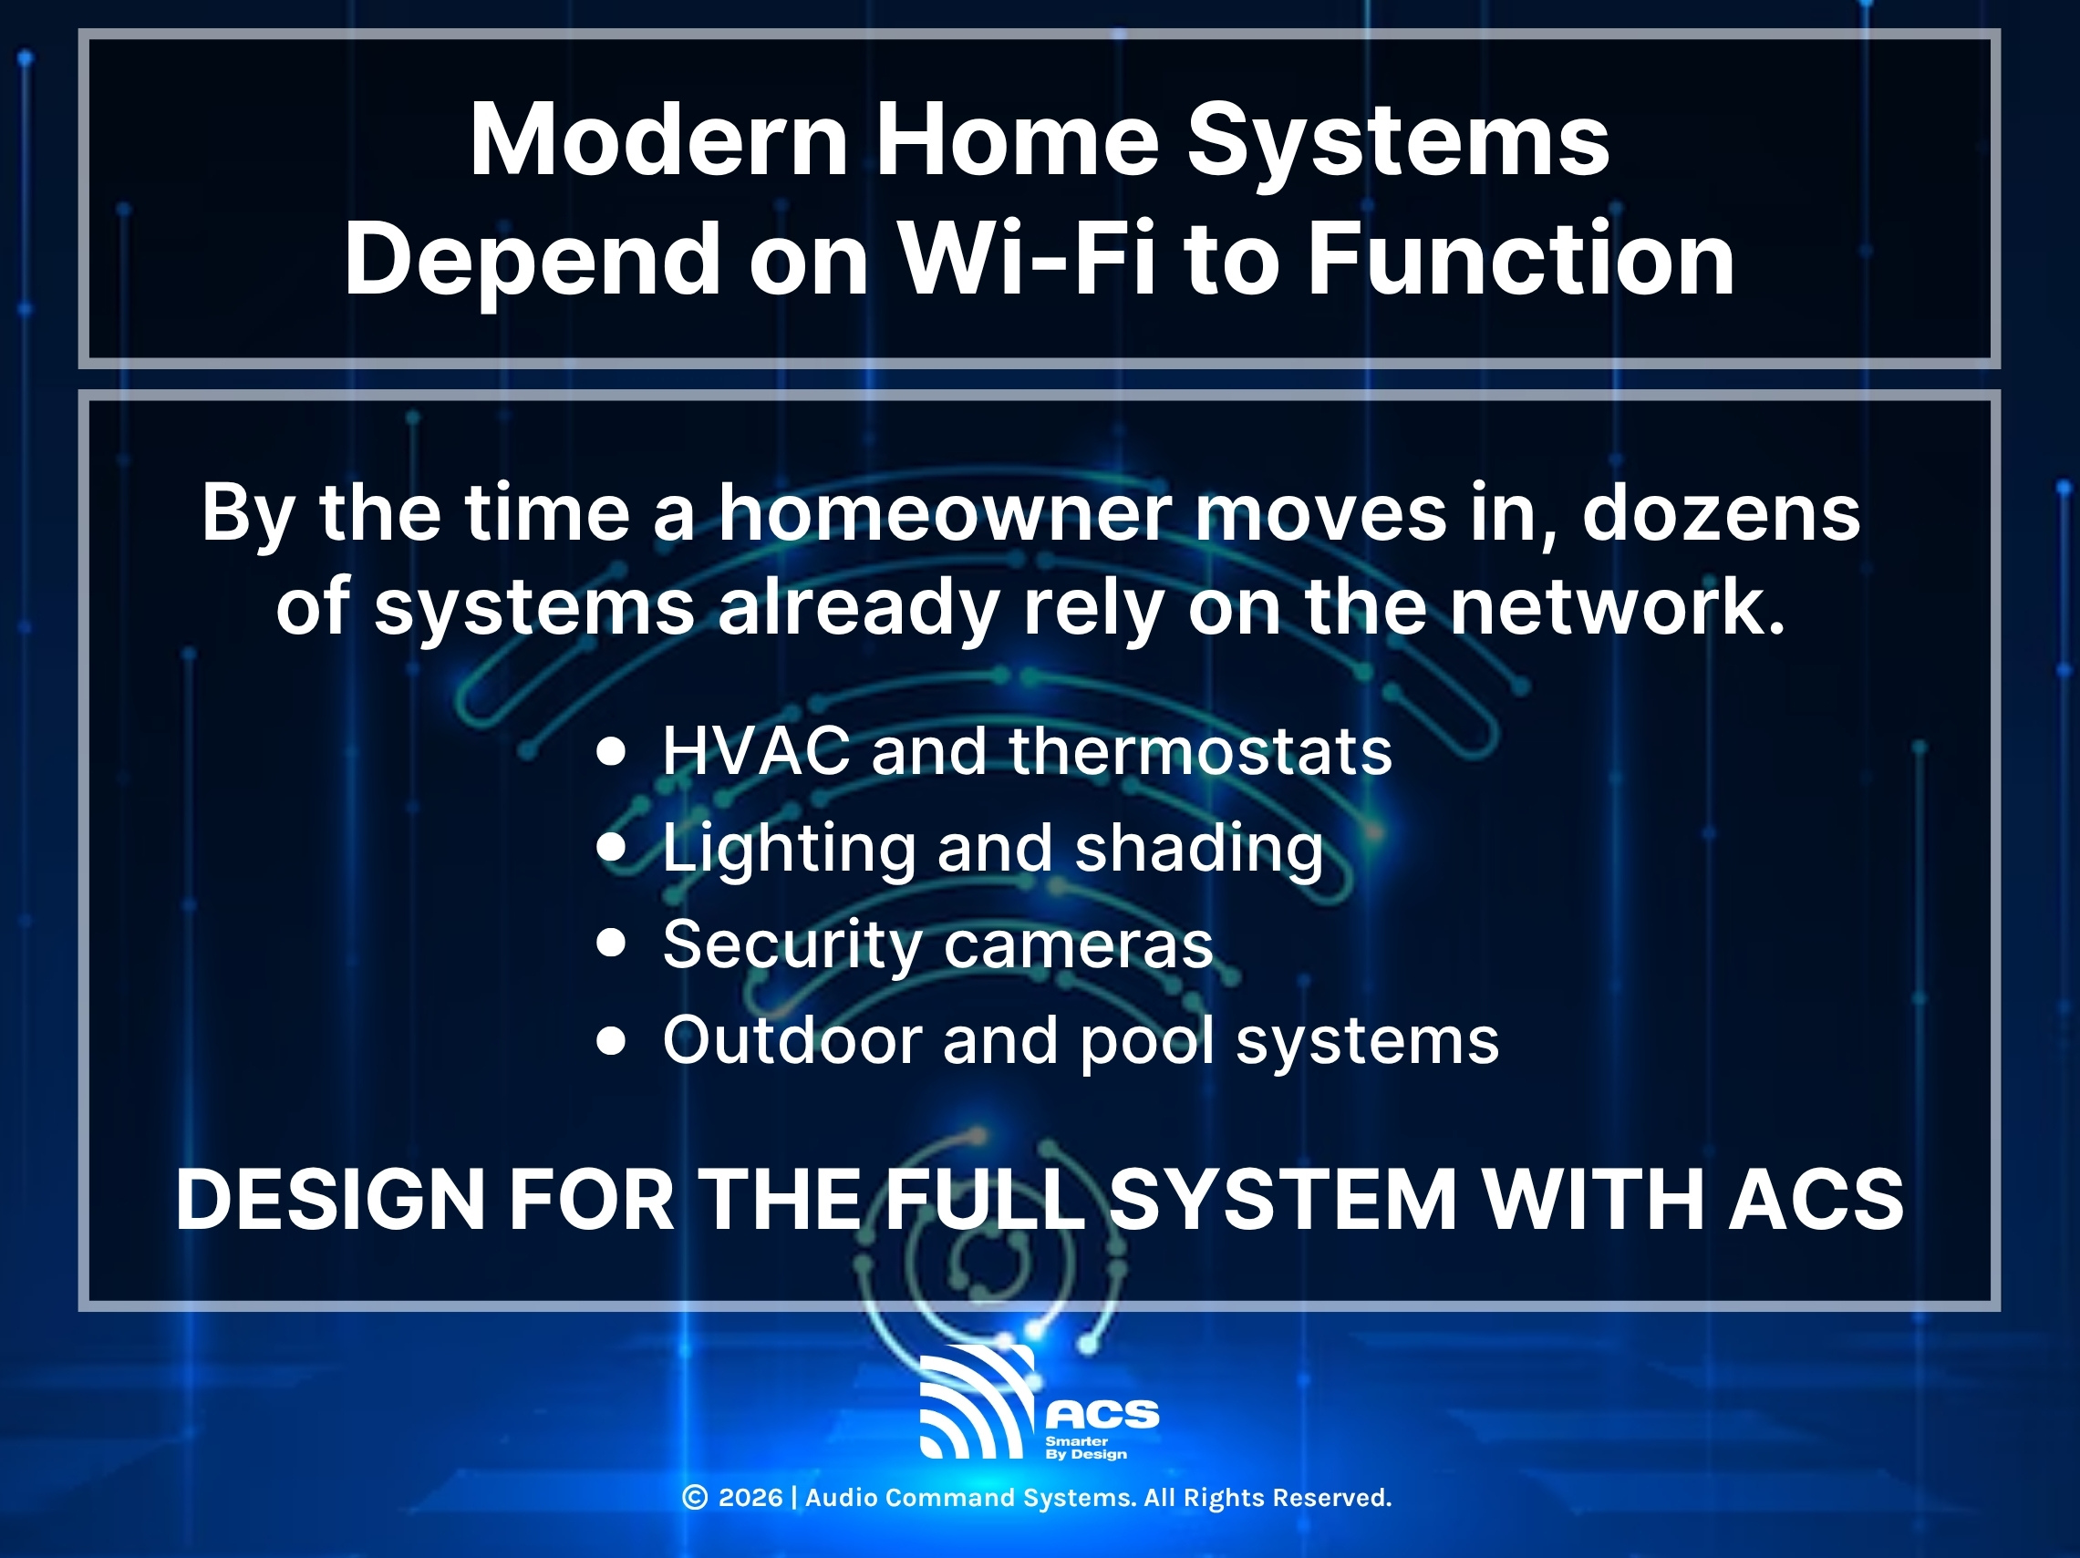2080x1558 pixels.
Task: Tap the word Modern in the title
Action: coord(658,140)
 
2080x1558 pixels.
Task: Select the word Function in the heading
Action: coord(1520,259)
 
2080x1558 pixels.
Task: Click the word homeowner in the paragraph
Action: coord(944,512)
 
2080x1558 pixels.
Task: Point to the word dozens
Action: coord(1720,512)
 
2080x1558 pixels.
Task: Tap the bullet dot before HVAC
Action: coord(611,751)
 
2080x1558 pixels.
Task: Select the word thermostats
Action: coord(1200,751)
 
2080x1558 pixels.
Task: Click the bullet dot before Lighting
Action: coord(611,846)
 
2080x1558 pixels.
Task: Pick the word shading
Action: coord(1198,848)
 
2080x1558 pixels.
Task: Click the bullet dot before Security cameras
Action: coord(611,942)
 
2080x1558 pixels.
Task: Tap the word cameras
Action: coord(1078,944)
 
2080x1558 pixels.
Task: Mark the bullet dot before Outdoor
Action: coord(611,1040)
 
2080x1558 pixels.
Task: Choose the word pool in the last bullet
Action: coord(1147,1042)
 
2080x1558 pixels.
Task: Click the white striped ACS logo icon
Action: coord(974,1402)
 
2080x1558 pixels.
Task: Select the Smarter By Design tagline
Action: coord(1085,1448)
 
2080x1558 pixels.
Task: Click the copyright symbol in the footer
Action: coord(694,1498)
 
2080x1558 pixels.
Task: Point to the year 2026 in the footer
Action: coord(750,1498)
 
